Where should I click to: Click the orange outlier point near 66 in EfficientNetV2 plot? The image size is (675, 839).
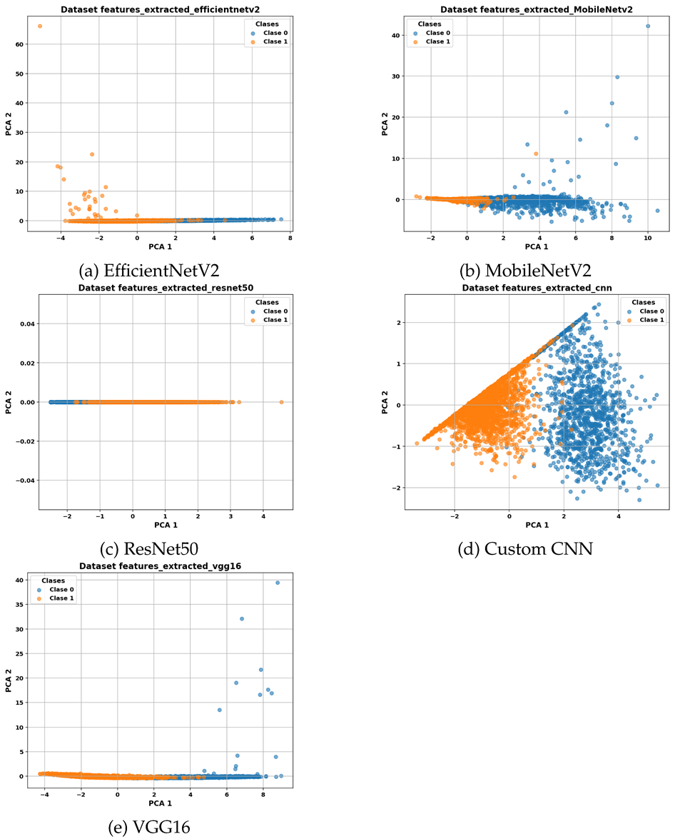(40, 26)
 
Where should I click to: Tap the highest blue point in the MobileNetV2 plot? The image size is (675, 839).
(648, 26)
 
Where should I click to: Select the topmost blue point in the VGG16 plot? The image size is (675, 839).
(278, 583)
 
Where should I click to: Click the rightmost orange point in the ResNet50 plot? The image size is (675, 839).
(281, 402)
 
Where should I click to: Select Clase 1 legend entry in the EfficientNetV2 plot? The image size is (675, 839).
(273, 41)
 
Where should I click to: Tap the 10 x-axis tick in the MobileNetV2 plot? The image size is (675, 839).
(647, 237)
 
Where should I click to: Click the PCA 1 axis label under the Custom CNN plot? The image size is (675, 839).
(536, 525)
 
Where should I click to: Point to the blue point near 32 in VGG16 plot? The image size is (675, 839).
(242, 618)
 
